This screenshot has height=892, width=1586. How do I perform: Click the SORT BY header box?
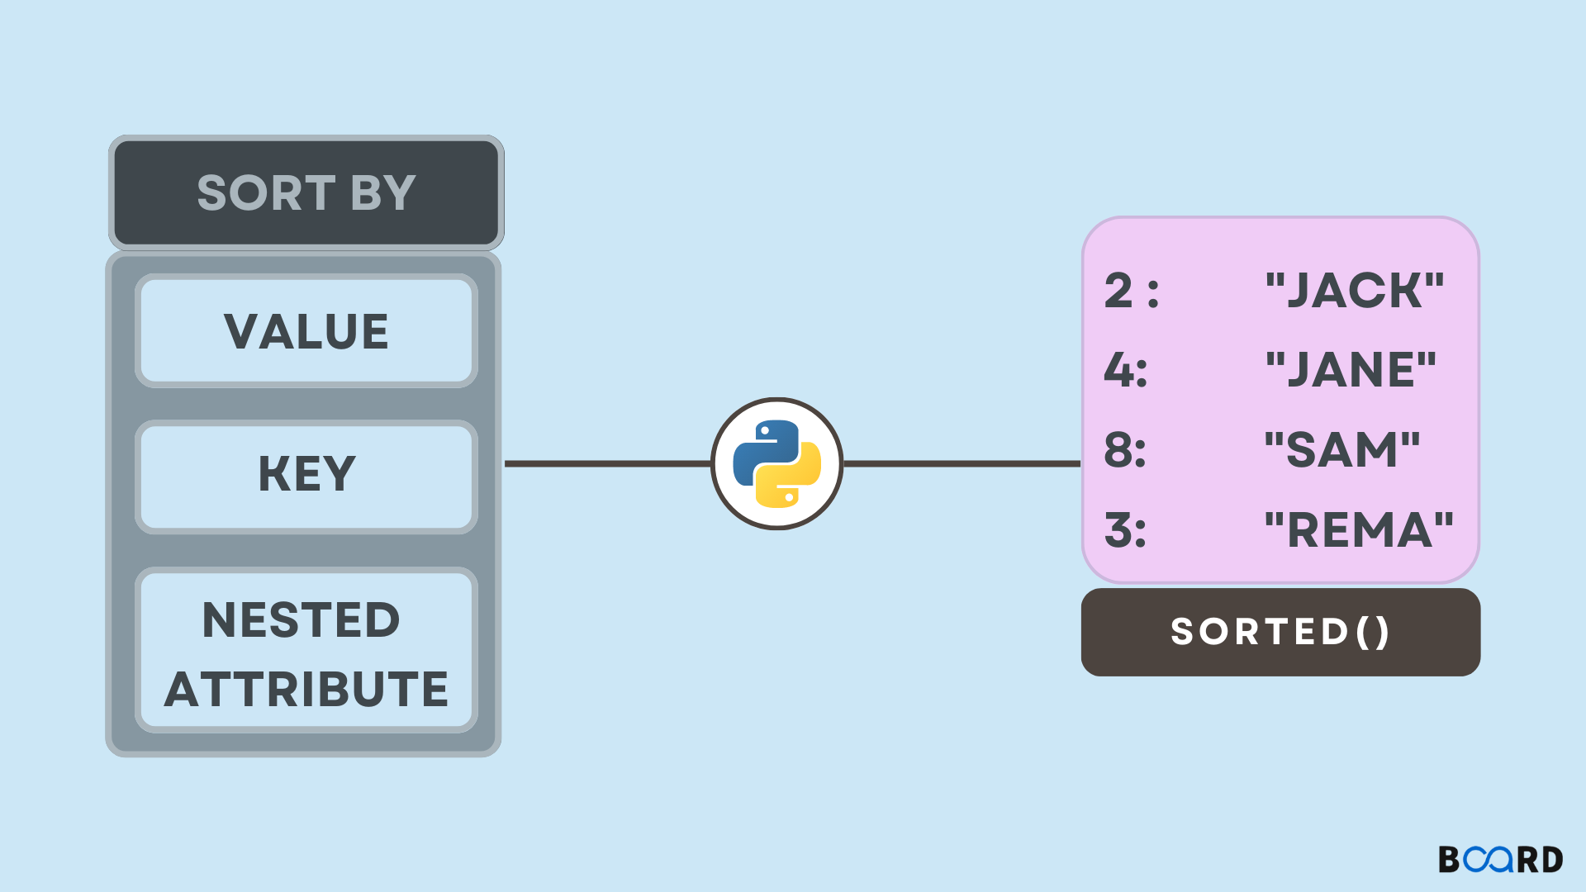click(x=306, y=192)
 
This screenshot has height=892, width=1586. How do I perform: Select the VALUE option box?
click(x=306, y=331)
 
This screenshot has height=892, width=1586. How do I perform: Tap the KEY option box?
click(x=306, y=476)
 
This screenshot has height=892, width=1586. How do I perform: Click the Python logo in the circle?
click(x=776, y=463)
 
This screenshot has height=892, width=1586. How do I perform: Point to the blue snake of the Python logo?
click(x=762, y=450)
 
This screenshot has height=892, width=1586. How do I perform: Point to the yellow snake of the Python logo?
click(x=791, y=479)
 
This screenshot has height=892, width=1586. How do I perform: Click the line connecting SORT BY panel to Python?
click(x=607, y=463)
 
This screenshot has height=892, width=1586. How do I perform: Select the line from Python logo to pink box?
click(x=962, y=463)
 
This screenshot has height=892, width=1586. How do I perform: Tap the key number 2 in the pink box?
click(x=1118, y=291)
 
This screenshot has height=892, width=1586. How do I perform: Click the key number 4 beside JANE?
click(x=1118, y=369)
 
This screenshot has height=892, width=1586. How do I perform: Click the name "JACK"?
click(x=1355, y=291)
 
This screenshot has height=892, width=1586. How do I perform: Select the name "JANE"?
click(x=1351, y=369)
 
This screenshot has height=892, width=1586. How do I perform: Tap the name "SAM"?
click(x=1342, y=450)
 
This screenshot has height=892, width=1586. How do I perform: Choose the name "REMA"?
click(x=1359, y=529)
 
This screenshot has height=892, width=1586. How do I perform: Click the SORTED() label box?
click(x=1280, y=632)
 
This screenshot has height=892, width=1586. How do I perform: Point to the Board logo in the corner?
click(x=1500, y=859)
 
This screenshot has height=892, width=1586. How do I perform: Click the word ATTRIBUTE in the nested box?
click(x=306, y=689)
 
